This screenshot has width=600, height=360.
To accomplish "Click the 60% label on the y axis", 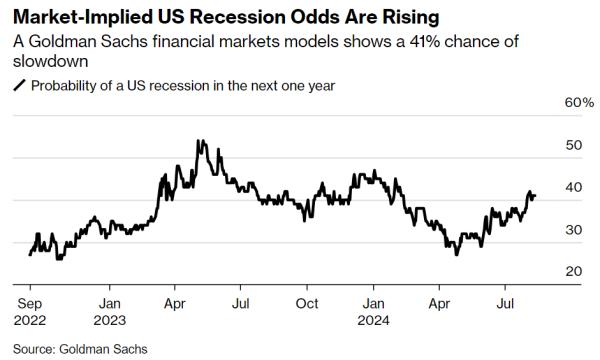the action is (579, 103).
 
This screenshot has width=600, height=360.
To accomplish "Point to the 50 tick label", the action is (573, 145).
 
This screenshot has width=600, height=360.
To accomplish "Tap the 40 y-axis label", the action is (573, 187).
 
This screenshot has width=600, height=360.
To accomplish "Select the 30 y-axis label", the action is (573, 230).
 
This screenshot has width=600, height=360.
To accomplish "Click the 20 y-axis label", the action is (573, 271).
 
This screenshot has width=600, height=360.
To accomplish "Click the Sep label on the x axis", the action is (29, 304).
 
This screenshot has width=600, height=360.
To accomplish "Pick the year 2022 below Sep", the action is (30, 320).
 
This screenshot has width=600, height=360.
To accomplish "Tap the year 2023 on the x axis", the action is (109, 320).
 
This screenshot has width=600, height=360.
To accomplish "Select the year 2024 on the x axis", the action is (373, 320).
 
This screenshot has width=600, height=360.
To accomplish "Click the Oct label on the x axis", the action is (307, 304).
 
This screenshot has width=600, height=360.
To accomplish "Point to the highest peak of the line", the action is (198, 140).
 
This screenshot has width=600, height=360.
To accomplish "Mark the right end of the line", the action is (535, 196).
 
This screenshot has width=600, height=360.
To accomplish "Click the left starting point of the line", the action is (30, 255).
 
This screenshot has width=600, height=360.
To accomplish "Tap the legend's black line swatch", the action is (20, 85).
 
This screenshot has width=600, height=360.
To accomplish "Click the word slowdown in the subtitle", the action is (51, 61).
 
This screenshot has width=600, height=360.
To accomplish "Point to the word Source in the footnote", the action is (33, 349).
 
